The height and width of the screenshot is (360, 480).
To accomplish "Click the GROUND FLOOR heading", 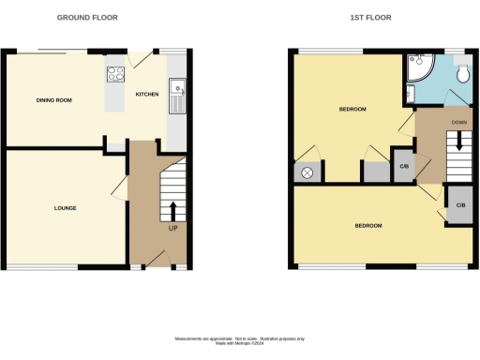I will click(x=87, y=18).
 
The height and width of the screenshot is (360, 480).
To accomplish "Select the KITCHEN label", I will click(x=147, y=95).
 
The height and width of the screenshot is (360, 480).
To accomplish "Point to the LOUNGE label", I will click(x=65, y=207).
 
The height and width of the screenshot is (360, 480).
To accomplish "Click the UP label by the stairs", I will click(x=172, y=228).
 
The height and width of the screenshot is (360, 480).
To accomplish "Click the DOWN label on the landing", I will click(x=458, y=122).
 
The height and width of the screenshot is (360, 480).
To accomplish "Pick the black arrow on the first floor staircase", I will click(x=458, y=141).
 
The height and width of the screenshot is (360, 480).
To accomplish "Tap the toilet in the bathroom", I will click(x=460, y=73).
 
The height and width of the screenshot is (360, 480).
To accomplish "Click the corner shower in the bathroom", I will click(x=417, y=68).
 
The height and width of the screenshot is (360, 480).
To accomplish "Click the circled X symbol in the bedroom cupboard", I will click(x=308, y=172).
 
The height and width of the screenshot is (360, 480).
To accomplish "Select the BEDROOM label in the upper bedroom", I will click(x=352, y=111).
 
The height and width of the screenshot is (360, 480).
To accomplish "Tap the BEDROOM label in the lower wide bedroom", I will click(x=367, y=226).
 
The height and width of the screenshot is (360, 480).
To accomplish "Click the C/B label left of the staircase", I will click(x=403, y=167).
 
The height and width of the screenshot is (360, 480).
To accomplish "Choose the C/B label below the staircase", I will click(x=460, y=205).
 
